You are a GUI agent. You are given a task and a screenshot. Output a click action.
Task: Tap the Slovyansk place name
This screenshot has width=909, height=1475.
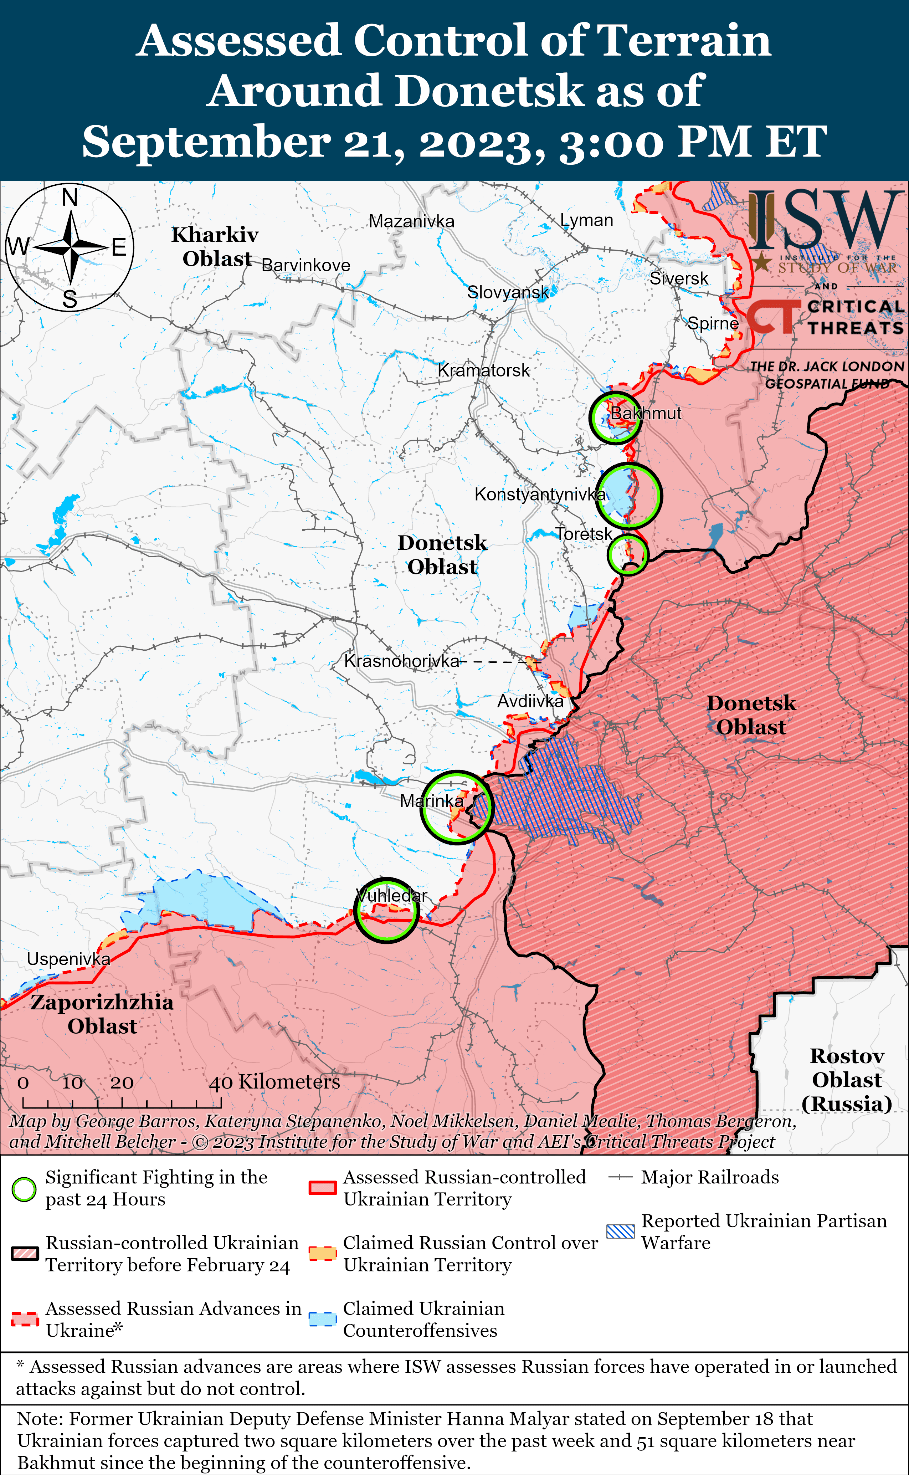(x=508, y=292)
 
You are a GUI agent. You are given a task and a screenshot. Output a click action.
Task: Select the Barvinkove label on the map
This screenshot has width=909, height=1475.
(x=305, y=265)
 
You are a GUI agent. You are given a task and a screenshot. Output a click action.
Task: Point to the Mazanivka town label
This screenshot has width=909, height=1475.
(x=411, y=221)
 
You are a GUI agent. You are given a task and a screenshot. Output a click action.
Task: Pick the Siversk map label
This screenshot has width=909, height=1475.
(x=679, y=278)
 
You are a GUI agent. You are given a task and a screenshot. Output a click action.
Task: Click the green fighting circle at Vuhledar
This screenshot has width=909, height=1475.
(x=386, y=910)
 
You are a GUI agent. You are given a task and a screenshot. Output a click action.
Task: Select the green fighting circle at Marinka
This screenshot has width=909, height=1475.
(x=456, y=807)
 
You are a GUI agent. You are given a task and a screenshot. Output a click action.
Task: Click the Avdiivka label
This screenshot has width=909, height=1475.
(x=530, y=701)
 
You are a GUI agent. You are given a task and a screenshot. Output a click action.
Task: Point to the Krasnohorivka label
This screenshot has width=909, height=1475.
(x=402, y=661)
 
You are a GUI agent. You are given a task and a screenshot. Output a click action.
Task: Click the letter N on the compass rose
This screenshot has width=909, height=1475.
(x=70, y=196)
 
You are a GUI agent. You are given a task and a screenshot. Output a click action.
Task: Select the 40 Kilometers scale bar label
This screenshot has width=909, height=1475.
(x=274, y=1082)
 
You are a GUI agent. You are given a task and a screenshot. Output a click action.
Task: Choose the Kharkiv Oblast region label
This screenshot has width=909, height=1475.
(x=215, y=246)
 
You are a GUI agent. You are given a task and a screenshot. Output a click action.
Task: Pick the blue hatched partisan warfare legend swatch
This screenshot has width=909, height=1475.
(x=620, y=1231)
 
